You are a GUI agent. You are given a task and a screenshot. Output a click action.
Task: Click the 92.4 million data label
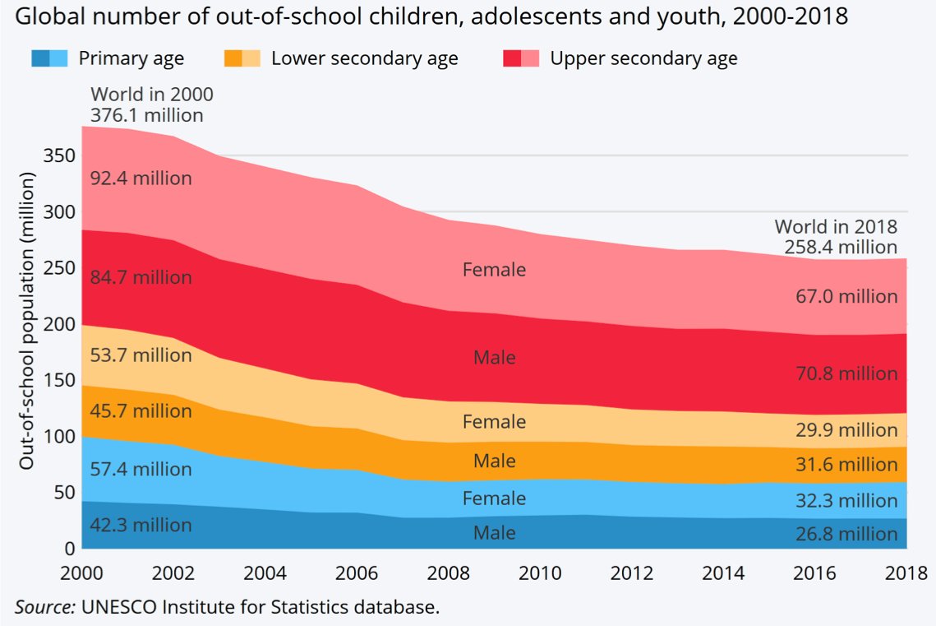click(x=141, y=178)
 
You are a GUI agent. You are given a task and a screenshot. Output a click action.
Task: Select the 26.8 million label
click(x=846, y=535)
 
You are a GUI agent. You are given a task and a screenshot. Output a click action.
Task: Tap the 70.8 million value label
click(x=846, y=373)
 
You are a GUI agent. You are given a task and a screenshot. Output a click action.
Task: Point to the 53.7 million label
click(x=141, y=355)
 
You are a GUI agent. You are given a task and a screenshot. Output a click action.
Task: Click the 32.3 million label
click(x=846, y=500)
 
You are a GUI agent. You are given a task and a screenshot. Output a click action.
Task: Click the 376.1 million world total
click(x=147, y=115)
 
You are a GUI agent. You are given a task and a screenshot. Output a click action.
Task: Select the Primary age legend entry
click(x=131, y=58)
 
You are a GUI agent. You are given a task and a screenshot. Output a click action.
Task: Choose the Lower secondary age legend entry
click(x=364, y=58)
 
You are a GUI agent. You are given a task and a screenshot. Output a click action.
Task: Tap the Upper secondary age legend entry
click(x=643, y=58)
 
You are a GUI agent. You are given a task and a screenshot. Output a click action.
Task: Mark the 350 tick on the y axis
click(x=64, y=155)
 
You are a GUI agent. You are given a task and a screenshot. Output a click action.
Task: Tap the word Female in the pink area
click(x=494, y=269)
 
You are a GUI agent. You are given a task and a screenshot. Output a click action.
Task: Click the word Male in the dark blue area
click(x=494, y=533)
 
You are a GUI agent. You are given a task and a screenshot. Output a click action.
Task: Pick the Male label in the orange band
click(x=494, y=461)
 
